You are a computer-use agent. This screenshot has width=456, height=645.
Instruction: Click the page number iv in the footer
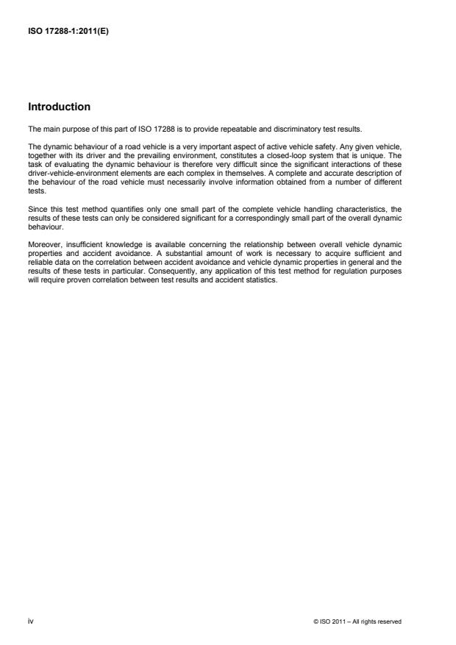pos(31,621)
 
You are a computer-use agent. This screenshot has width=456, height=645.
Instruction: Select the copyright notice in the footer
pos(356,621)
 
